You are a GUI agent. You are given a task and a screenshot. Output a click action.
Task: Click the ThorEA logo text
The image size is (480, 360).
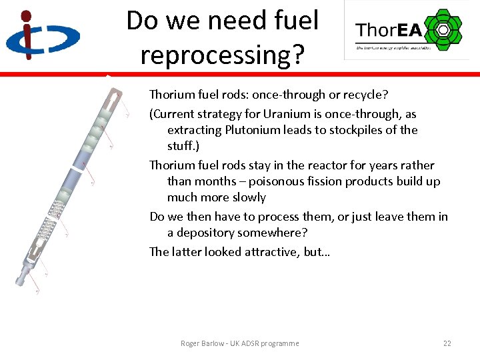pyautogui.click(x=389, y=31)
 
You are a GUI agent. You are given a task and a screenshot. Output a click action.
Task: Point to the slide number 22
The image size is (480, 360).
pyautogui.click(x=447, y=343)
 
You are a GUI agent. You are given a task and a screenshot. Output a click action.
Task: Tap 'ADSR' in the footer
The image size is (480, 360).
pyautogui.click(x=247, y=343)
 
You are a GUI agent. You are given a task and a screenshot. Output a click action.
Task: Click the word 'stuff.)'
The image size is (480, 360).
pyautogui.click(x=186, y=146)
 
